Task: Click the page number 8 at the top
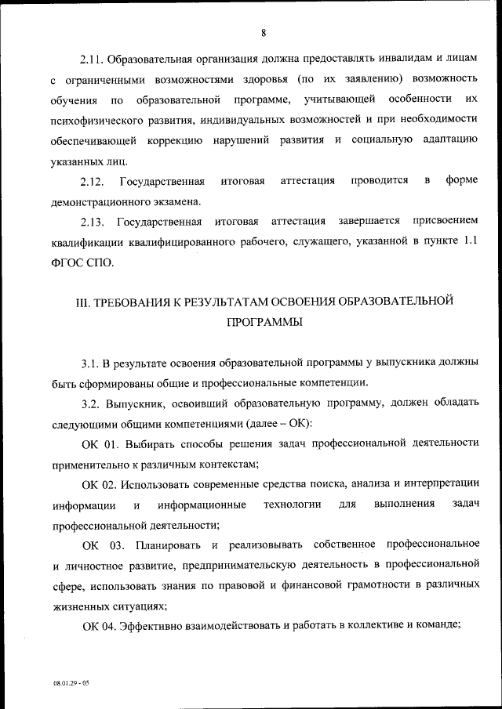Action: click(x=264, y=32)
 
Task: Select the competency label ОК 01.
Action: click(x=100, y=443)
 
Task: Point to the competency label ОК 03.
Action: click(x=103, y=544)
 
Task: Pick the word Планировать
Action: click(x=164, y=544)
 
